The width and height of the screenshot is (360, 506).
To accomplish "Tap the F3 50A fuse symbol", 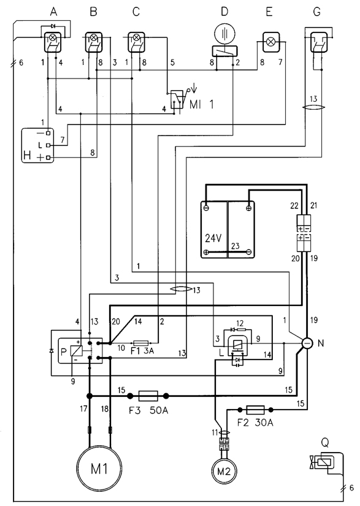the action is pyautogui.click(x=148, y=396).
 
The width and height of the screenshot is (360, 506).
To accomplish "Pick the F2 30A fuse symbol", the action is pyautogui.click(x=256, y=410).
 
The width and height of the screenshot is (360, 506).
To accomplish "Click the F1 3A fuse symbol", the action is pyautogui.click(x=140, y=343).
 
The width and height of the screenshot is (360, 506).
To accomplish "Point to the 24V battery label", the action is pyautogui.click(x=213, y=238).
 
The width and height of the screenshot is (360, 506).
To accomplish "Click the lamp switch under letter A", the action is pyautogui.click(x=53, y=42).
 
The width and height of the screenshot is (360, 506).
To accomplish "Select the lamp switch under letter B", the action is pyautogui.click(x=94, y=42).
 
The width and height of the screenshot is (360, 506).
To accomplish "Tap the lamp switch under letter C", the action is pyautogui.click(x=136, y=42).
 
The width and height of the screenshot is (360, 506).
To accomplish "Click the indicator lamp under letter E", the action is pyautogui.click(x=271, y=42).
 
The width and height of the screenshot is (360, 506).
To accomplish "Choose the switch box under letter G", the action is pyautogui.click(x=319, y=42).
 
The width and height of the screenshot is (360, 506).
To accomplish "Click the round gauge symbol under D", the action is pyautogui.click(x=225, y=34).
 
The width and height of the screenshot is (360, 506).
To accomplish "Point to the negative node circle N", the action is pyautogui.click(x=307, y=343).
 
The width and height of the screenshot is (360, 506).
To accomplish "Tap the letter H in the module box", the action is pyautogui.click(x=28, y=156).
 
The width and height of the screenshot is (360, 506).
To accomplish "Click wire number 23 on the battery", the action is pyautogui.click(x=236, y=246).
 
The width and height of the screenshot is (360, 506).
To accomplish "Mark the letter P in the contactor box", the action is pyautogui.click(x=64, y=352).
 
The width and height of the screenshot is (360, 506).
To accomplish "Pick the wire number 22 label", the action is pyautogui.click(x=294, y=205).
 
